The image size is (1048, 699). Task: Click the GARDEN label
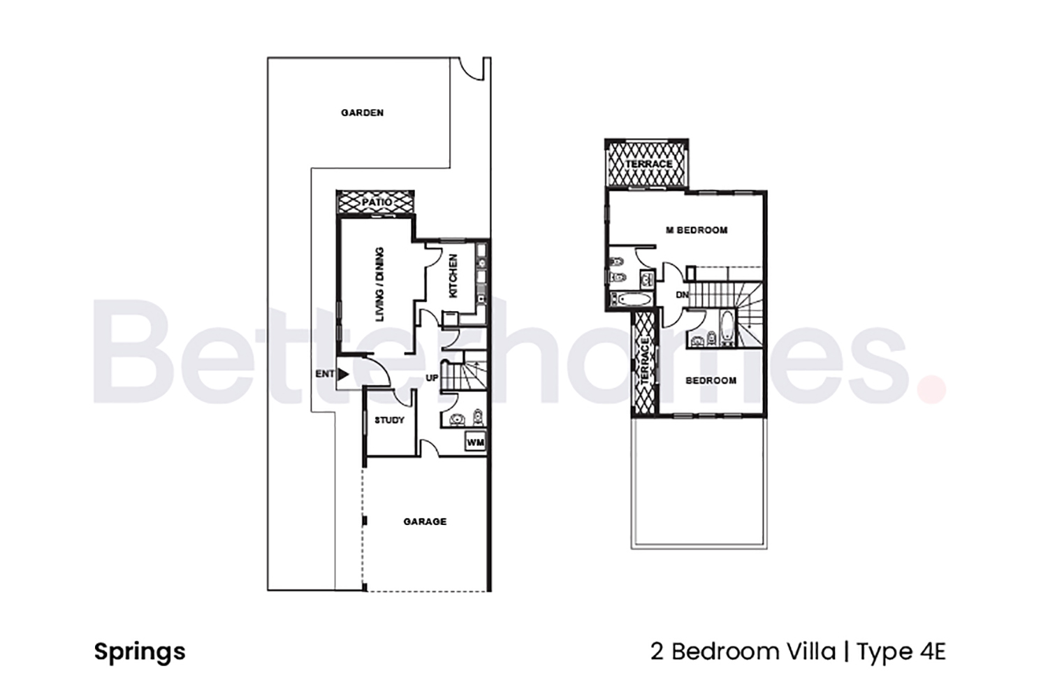(x=362, y=113)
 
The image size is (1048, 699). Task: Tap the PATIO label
(x=377, y=202)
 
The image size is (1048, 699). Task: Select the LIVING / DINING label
(x=379, y=284)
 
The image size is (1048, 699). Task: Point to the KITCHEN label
(x=453, y=276)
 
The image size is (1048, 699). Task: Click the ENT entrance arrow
(x=343, y=374)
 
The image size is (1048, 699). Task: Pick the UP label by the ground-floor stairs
(x=432, y=378)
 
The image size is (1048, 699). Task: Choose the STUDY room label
(x=389, y=420)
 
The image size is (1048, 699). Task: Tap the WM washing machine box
(x=475, y=442)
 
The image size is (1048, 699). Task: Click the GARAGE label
(x=425, y=521)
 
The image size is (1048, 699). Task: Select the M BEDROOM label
(x=697, y=230)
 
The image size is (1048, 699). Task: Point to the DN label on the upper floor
(x=682, y=295)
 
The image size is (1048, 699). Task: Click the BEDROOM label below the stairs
(x=711, y=380)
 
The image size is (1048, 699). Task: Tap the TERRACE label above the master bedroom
(x=648, y=164)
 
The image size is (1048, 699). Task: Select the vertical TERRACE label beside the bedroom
(x=645, y=361)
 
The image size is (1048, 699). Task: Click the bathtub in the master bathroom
(x=632, y=301)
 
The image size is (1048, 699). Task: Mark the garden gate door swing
(x=472, y=69)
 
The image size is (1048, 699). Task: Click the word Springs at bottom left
(x=140, y=651)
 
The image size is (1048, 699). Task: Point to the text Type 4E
(x=901, y=651)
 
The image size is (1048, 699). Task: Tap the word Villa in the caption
(x=809, y=651)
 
